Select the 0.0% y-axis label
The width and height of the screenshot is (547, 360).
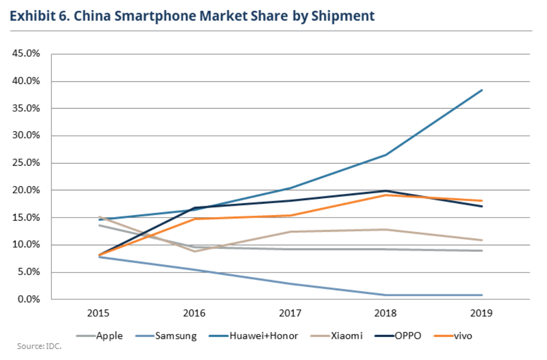[x=29, y=299]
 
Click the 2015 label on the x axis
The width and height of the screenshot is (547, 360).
[x=99, y=313]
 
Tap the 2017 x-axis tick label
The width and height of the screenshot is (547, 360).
[x=290, y=313]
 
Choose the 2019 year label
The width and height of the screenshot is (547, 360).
[x=482, y=313]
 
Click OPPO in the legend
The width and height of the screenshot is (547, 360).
[x=407, y=336]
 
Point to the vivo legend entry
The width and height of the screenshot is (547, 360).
[x=463, y=336]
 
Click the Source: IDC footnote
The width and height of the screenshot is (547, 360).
[x=39, y=346]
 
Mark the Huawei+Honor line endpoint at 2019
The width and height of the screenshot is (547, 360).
[x=482, y=90]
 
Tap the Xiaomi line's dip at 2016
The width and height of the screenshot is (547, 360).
[x=195, y=251]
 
